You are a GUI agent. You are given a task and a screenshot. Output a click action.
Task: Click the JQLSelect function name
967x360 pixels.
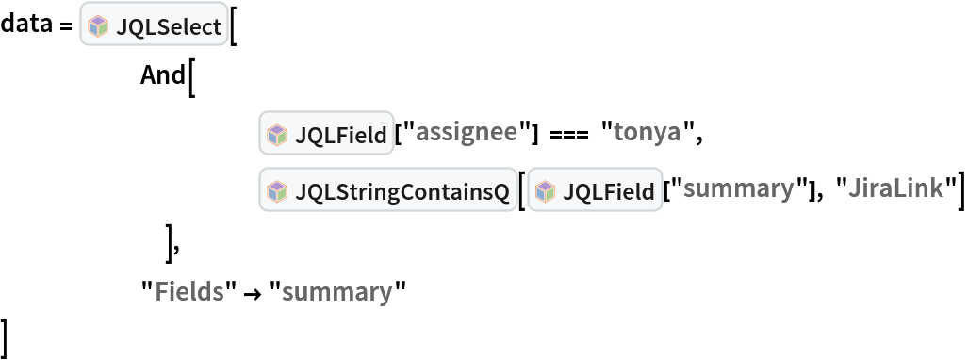(168, 27)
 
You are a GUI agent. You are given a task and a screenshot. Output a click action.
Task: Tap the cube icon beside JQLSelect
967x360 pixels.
(98, 27)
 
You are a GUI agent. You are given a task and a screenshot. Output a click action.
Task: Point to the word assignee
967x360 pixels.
(466, 132)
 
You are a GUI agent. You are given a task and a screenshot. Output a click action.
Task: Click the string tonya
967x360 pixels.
(647, 132)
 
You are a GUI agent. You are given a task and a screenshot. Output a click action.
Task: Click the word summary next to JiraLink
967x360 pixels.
(738, 188)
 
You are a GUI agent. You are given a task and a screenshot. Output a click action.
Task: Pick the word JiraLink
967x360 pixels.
(894, 188)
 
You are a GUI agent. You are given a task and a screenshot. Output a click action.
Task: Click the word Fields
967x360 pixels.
(188, 291)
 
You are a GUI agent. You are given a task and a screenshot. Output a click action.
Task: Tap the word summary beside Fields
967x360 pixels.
(336, 292)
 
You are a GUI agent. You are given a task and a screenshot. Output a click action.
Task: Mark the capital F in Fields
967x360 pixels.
(160, 291)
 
